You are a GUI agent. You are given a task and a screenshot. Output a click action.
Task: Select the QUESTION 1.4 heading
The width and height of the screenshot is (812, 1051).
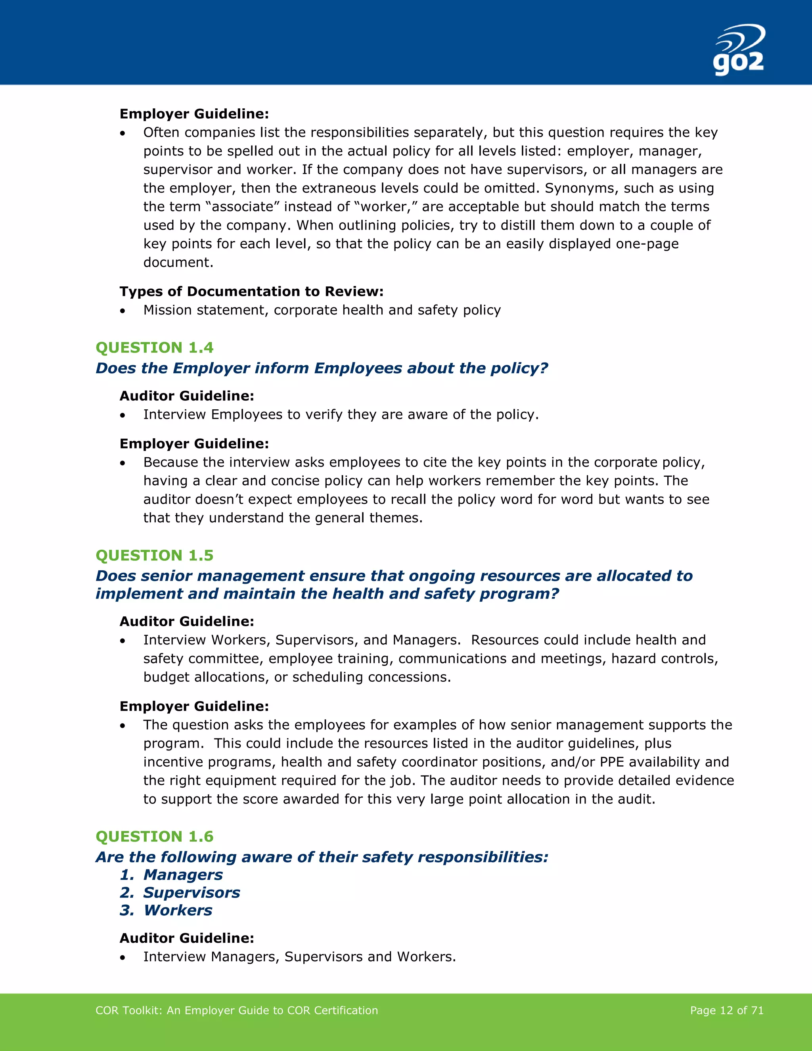[154, 347]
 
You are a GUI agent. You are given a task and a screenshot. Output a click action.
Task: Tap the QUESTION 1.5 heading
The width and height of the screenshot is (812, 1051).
[154, 555]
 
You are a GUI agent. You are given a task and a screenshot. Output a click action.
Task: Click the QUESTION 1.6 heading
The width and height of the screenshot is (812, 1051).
[154, 836]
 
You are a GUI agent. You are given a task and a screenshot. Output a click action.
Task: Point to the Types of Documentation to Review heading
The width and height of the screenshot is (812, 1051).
[251, 292]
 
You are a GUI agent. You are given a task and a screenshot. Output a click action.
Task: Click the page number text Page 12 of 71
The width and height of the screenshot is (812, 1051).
[726, 1010]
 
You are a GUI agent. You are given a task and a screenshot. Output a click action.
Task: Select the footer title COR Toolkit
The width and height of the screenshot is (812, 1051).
[237, 1010]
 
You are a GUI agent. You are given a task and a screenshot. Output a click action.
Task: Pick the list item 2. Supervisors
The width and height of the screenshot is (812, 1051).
[180, 893]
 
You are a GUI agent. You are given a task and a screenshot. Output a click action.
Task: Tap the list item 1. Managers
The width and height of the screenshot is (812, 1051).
[171, 875]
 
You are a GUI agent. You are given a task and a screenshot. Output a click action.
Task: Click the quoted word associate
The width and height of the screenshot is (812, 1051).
[242, 207]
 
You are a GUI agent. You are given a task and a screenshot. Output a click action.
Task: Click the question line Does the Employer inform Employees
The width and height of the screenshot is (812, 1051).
[321, 368]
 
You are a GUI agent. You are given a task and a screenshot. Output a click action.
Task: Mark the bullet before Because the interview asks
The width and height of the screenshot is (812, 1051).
[123, 463]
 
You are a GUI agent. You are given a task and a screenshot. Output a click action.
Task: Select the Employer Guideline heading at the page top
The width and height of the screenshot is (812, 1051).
[194, 114]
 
